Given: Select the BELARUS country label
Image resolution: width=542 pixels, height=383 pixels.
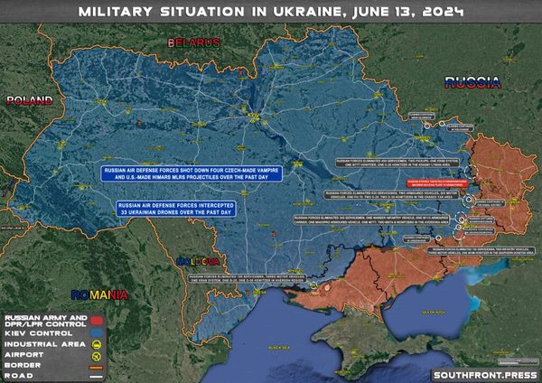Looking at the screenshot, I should [x=192, y=42].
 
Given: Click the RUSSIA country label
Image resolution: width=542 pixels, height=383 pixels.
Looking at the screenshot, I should [x=472, y=82].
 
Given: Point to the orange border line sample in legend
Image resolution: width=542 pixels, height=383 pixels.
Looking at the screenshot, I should [x=94, y=366].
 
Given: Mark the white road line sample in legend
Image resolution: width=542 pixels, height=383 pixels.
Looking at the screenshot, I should [x=94, y=376].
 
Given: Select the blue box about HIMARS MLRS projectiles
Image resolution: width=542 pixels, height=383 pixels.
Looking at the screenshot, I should [x=191, y=174].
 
